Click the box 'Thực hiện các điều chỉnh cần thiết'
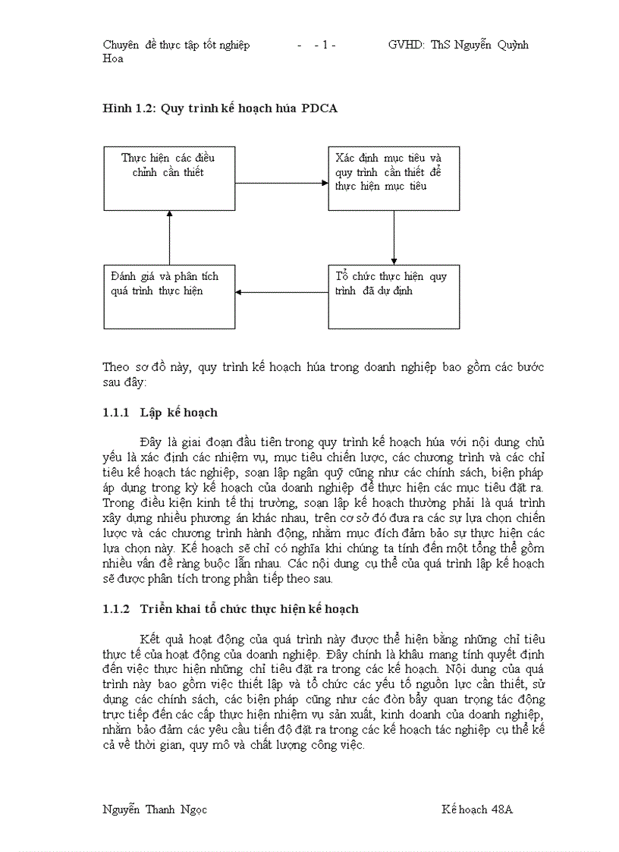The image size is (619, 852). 169,178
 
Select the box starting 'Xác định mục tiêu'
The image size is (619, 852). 394,178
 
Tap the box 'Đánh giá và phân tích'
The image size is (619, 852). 169,297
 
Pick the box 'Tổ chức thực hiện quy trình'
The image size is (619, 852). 394,297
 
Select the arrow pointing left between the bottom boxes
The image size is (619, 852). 281,291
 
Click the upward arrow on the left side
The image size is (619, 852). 169,237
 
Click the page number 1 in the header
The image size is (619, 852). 325,45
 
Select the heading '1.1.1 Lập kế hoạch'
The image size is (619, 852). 160,413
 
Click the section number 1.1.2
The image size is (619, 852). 117,609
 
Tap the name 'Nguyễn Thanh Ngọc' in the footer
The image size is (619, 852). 155,810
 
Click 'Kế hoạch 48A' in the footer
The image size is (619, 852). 477,810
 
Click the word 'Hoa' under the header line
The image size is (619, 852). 113,58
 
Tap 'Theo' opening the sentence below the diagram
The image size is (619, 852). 115,368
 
